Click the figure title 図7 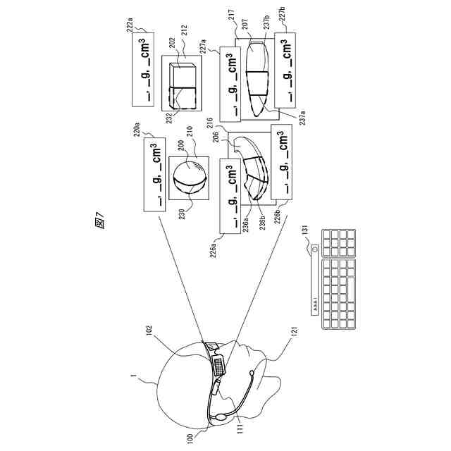click(x=99, y=221)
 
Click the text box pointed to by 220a click(x=154, y=173)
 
